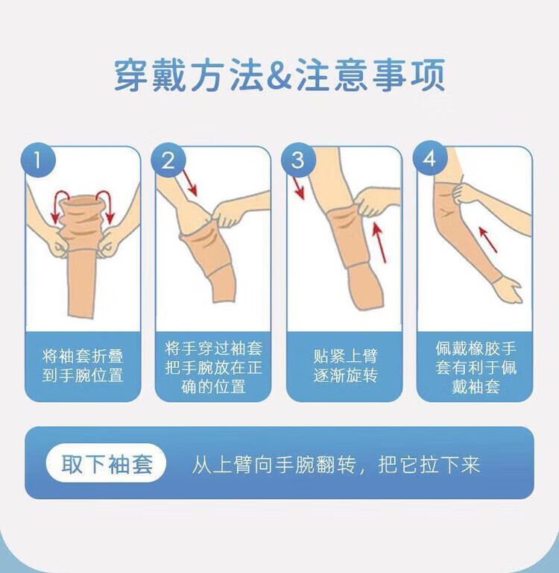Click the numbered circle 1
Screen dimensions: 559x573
(38, 160)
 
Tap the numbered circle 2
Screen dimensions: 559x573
(168, 160)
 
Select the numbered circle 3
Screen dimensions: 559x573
(298, 160)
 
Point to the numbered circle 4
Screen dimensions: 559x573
(430, 159)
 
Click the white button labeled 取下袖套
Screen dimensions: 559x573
(106, 463)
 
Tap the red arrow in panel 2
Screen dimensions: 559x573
(190, 182)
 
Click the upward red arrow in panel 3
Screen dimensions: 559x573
(379, 242)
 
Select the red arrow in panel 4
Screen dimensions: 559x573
(487, 239)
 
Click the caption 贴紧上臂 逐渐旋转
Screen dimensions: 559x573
(345, 366)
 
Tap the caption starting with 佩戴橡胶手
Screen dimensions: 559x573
(476, 367)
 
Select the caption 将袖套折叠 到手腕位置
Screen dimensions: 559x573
(83, 366)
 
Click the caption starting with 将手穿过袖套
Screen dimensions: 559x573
(214, 367)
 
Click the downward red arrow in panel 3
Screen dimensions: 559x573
(299, 187)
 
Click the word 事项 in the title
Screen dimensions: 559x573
(409, 75)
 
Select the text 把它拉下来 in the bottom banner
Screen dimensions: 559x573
(429, 465)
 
